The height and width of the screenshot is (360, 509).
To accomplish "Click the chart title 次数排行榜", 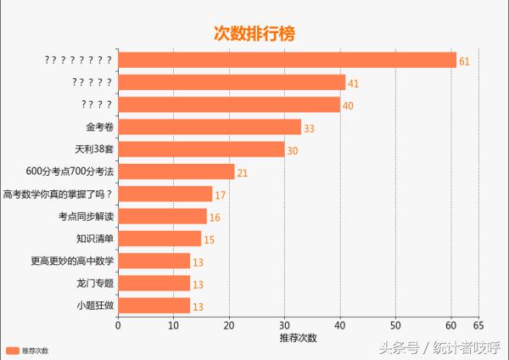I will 254,33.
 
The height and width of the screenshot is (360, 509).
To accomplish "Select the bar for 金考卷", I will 210,127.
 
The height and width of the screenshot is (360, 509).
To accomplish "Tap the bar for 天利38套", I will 201,149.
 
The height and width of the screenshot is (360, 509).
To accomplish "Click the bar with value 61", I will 287,60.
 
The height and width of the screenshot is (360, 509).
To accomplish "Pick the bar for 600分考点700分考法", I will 176,172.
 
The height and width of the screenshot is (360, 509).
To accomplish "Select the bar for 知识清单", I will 159,239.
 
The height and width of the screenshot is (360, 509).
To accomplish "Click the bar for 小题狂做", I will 154,306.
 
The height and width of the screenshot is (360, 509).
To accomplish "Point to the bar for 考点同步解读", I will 162,217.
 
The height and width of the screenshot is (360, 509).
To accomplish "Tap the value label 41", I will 354,83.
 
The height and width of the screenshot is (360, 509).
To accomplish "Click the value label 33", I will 309,128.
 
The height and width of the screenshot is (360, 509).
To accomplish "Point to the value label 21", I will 242,173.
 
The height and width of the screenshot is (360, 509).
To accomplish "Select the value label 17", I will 220,195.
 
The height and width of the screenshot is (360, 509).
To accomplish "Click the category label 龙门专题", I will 94,283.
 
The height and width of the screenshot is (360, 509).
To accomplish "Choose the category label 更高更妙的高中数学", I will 72,261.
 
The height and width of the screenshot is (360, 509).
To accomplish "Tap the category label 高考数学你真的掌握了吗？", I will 59,194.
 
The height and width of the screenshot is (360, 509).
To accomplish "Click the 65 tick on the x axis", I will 478,325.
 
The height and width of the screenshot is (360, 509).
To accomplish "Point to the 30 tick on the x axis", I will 284,325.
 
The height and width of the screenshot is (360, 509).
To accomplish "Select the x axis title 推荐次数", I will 298,338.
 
